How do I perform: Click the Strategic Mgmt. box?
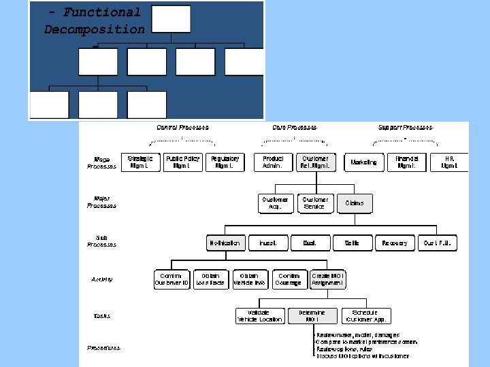point(140,162)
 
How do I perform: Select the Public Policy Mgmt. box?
point(182,162)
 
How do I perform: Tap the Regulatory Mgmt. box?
point(225,162)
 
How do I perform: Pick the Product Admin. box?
point(273,162)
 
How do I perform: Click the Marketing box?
point(363,162)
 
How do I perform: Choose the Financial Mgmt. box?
point(406,162)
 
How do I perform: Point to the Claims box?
point(355,203)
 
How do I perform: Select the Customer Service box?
point(316,203)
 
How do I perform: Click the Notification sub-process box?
point(225,243)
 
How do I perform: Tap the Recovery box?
point(395,243)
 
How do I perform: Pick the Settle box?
point(352,243)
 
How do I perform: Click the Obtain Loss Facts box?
point(210,279)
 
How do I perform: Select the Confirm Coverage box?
point(289,279)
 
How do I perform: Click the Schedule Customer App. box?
point(366,316)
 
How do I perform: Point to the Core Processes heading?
point(294,127)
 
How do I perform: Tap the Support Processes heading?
point(405,127)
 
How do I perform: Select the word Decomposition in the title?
point(95,29)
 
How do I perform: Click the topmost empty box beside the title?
point(171,18)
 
